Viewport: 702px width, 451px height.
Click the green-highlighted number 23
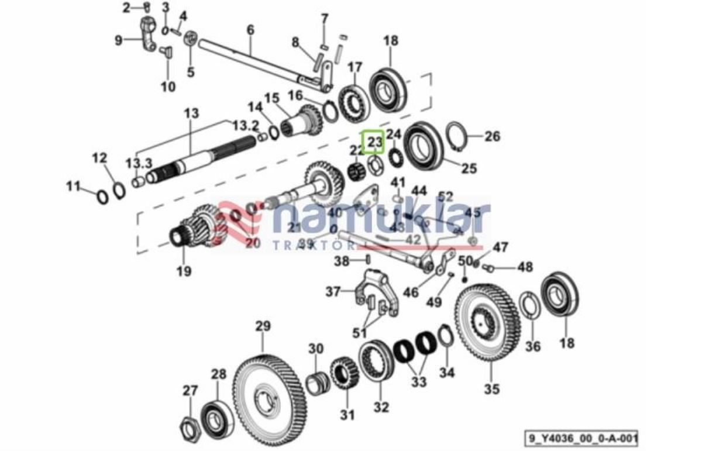(373, 142)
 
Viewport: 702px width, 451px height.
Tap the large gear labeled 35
(487, 322)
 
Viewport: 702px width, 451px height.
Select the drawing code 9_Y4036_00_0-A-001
(580, 438)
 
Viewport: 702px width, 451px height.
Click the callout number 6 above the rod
(250, 29)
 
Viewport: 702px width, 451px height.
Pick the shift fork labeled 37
(374, 292)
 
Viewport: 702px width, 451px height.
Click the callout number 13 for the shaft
(191, 113)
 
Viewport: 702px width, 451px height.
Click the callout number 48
(525, 267)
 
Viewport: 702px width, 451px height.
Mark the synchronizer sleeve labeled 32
(376, 362)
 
